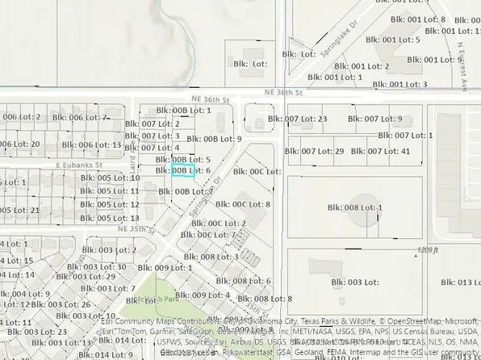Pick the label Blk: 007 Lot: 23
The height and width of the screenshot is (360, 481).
click(305, 119)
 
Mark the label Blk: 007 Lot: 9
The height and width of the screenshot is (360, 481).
click(376, 119)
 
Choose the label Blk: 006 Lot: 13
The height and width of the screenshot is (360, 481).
click(93, 145)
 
